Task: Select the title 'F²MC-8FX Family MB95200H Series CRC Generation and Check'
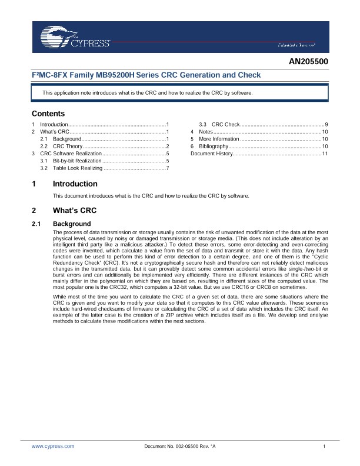click(146, 75)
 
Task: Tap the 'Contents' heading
click(48, 114)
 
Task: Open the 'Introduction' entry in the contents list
click(54, 125)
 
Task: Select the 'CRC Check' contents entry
click(225, 125)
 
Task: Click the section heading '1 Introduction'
click(75, 184)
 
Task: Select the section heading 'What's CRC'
click(75, 211)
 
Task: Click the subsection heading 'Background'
click(72, 224)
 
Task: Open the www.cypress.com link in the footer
click(53, 447)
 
